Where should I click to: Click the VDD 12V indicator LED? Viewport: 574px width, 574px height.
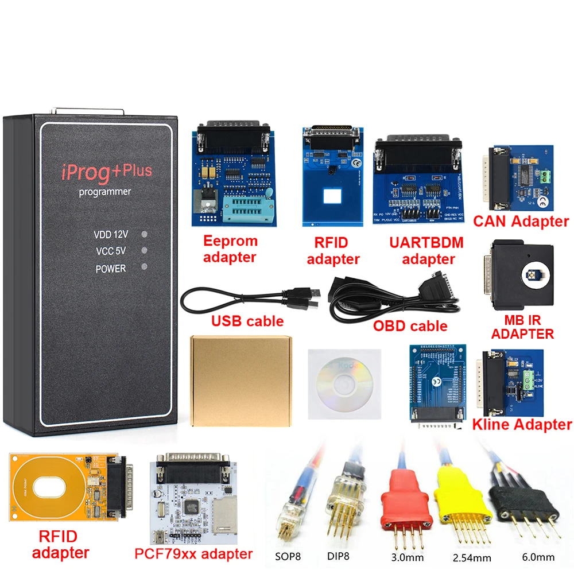click(144, 234)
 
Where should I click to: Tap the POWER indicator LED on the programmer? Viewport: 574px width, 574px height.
click(144, 266)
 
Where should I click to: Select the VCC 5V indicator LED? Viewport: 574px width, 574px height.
click(144, 250)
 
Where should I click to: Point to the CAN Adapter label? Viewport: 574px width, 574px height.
click(521, 221)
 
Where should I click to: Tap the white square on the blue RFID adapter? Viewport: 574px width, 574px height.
click(332, 196)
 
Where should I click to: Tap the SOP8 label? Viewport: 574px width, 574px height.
click(287, 556)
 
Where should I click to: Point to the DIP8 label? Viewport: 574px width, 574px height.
click(338, 556)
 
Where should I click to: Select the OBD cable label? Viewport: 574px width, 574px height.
click(410, 326)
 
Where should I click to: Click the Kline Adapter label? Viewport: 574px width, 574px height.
click(522, 425)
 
